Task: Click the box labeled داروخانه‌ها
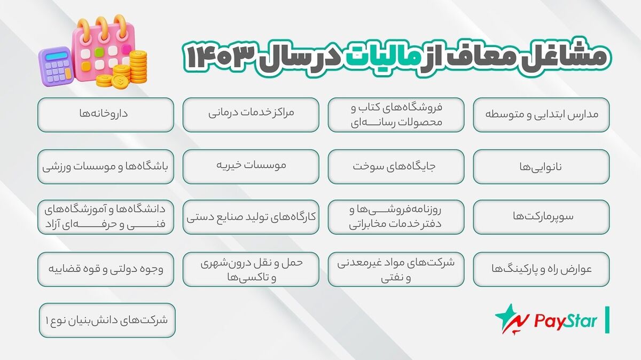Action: [x=106, y=114]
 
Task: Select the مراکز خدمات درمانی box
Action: [x=251, y=114]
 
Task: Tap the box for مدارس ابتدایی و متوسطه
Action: [x=541, y=114]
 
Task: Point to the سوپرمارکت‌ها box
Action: [x=541, y=217]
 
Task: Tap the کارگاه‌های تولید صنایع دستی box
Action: [x=251, y=217]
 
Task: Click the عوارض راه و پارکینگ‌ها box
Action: [x=541, y=269]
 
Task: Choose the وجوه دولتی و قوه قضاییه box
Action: [x=106, y=269]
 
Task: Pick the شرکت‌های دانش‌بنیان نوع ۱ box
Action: [x=107, y=320]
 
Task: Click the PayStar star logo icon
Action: [x=510, y=319]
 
